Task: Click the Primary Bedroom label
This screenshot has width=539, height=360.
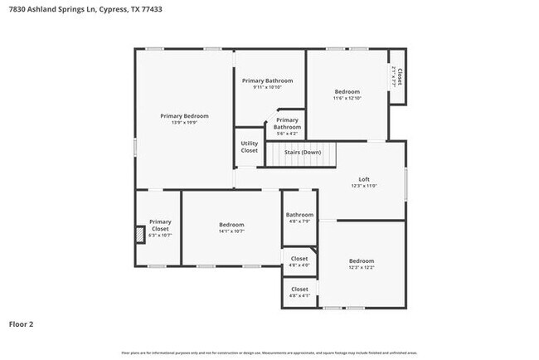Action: pos(184,116)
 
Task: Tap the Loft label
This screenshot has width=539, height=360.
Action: pos(363,179)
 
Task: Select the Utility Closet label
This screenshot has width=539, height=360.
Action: pos(249,147)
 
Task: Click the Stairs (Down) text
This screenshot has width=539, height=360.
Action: pos(303,153)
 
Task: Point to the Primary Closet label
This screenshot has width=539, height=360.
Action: pos(159,225)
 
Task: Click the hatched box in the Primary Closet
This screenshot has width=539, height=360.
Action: pos(140,235)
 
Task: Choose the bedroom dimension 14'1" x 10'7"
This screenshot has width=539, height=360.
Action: pos(231,232)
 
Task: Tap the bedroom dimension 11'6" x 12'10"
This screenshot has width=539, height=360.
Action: pos(347,99)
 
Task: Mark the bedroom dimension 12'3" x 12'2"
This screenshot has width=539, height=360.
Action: pos(361,267)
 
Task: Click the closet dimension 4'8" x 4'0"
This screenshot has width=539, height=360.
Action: pos(299,265)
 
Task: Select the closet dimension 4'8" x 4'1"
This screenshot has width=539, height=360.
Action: pos(299,296)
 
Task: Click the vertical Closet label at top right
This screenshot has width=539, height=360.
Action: pos(399,76)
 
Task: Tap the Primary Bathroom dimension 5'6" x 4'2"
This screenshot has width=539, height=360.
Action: pos(287,134)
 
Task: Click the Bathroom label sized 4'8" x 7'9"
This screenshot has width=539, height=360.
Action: pos(299,215)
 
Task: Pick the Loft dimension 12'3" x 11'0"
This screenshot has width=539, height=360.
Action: pos(363,187)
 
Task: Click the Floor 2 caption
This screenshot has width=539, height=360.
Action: pos(22,324)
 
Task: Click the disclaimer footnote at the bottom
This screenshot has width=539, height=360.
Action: pos(269,353)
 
